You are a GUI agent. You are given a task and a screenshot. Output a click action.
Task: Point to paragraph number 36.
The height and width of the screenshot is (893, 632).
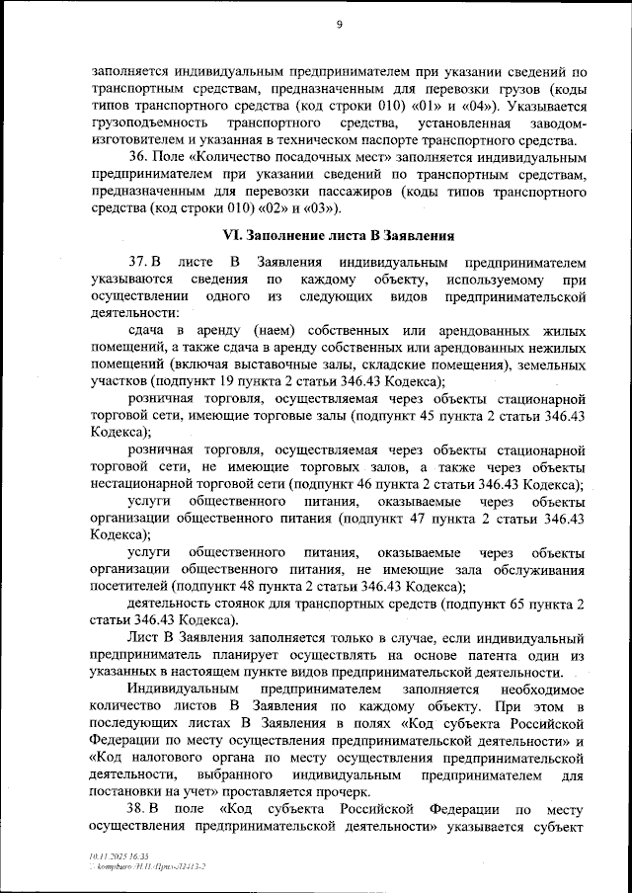pyautogui.click(x=139, y=157)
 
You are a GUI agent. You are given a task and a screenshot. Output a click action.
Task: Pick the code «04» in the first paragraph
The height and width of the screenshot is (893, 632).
pyautogui.click(x=486, y=106)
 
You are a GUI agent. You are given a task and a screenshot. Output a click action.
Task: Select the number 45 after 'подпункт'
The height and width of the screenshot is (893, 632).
pyautogui.click(x=420, y=415)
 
